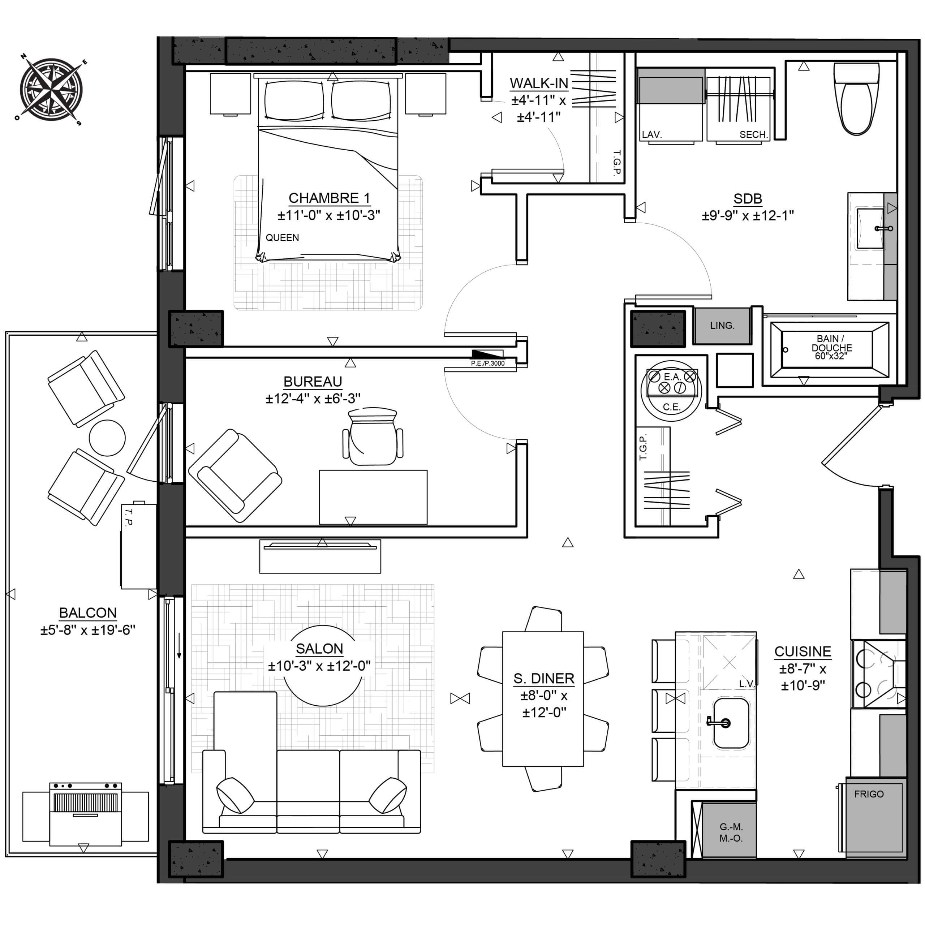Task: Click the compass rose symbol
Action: click(x=52, y=90)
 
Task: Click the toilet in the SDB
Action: click(x=857, y=98)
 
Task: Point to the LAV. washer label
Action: click(x=651, y=134)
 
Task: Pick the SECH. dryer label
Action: click(x=754, y=134)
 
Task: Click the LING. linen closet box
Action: click(x=722, y=326)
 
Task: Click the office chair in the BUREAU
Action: click(x=373, y=436)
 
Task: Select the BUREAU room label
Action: click(x=313, y=382)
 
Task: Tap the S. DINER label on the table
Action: click(x=544, y=679)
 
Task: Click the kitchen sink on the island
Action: click(x=731, y=723)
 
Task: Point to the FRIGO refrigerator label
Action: click(x=869, y=794)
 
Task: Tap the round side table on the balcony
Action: click(x=107, y=438)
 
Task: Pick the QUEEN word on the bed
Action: click(x=283, y=237)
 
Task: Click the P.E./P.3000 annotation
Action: click(x=487, y=363)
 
